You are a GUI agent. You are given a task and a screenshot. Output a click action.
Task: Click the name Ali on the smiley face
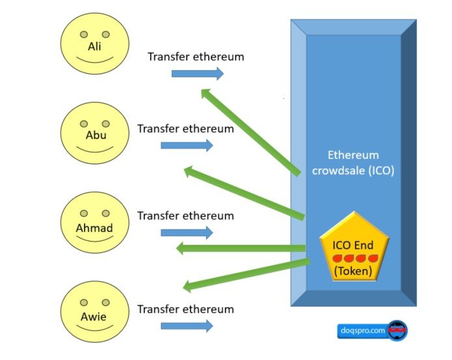click(x=94, y=46)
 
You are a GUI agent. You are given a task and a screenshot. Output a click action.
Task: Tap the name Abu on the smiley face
click(x=96, y=135)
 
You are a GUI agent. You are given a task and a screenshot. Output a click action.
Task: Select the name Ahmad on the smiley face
click(x=94, y=228)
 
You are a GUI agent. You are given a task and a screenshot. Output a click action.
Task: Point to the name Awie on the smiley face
click(x=94, y=317)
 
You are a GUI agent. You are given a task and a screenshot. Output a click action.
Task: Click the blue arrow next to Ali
click(x=198, y=73)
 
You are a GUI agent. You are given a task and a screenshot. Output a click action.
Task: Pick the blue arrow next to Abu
click(x=187, y=146)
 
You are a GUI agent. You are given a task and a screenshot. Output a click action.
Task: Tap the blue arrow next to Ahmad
click(x=187, y=233)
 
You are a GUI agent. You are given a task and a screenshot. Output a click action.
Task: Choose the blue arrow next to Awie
click(x=187, y=326)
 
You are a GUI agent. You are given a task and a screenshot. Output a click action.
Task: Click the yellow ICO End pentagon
click(x=354, y=248)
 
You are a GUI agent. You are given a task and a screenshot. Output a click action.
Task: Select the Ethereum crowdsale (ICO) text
click(x=353, y=163)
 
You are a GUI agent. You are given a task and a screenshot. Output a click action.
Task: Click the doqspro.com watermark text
click(x=363, y=330)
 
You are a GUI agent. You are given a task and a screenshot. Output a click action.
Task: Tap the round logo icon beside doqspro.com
click(x=398, y=330)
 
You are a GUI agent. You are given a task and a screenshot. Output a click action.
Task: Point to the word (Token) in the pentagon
click(x=353, y=271)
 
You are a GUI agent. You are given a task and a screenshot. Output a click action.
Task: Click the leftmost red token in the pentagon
click(x=337, y=259)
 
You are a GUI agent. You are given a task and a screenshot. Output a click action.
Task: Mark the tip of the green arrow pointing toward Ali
click(x=201, y=89)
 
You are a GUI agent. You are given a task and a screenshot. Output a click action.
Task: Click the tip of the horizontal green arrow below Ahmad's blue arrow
click(x=176, y=248)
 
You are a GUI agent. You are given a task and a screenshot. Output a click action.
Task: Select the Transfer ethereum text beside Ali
click(x=196, y=57)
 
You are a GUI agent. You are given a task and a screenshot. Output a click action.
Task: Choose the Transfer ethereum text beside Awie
click(x=185, y=309)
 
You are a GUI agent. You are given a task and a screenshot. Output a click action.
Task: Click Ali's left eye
click(x=84, y=34)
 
